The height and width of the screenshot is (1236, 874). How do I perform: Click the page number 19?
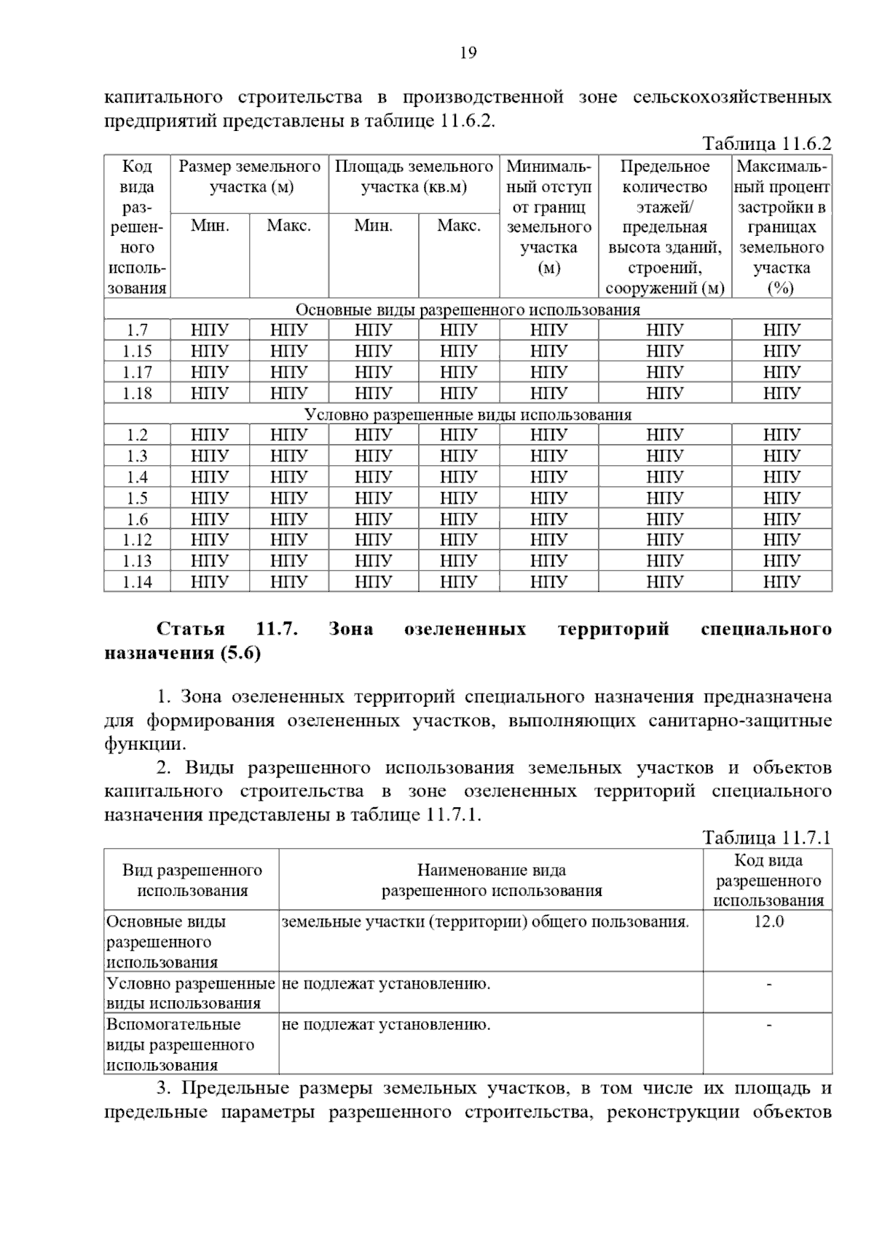[x=468, y=52]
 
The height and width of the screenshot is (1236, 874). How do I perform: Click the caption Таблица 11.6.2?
[x=766, y=143]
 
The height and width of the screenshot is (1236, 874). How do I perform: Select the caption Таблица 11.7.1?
[x=766, y=837]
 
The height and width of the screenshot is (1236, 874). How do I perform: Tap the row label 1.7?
[x=136, y=330]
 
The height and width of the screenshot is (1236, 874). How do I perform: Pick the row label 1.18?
[x=136, y=393]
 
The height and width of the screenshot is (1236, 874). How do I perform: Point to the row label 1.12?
[x=136, y=540]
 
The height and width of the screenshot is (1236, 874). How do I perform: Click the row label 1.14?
[x=136, y=582]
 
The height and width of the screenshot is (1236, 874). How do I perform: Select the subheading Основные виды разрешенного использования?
[x=468, y=310]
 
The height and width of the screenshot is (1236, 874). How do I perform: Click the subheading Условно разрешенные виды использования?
[x=468, y=415]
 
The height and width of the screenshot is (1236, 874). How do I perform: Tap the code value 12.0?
[x=768, y=922]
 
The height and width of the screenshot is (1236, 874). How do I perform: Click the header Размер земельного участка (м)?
[x=250, y=177]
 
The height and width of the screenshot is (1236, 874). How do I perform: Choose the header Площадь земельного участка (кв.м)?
[x=414, y=177]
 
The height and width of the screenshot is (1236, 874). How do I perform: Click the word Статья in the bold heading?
[x=191, y=629]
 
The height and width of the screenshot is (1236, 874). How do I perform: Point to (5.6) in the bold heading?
[x=240, y=653]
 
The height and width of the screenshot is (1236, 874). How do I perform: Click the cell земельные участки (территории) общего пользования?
[x=485, y=922]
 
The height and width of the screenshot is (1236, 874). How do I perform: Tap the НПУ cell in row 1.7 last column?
[x=782, y=330]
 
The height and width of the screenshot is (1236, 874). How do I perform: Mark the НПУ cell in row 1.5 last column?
[x=782, y=499]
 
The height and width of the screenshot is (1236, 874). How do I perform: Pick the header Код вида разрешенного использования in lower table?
[x=768, y=881]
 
